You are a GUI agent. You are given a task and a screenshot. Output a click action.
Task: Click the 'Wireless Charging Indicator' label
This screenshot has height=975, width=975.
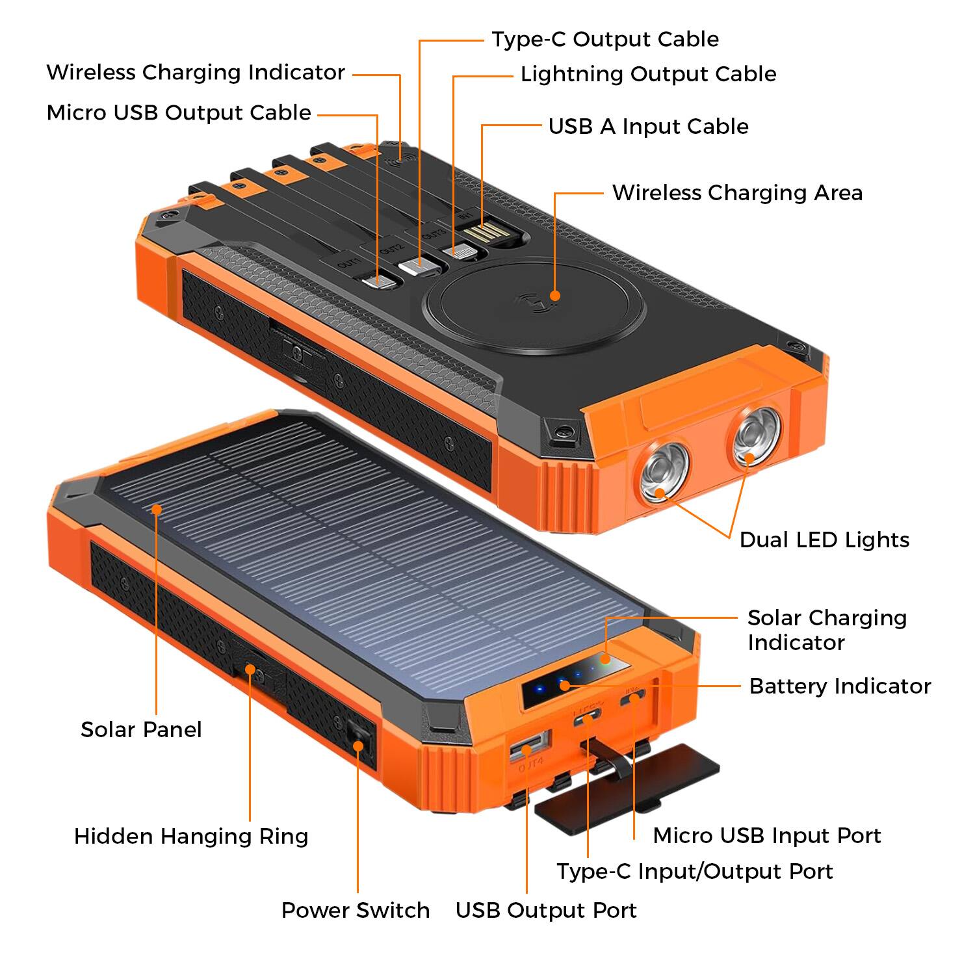[196, 72]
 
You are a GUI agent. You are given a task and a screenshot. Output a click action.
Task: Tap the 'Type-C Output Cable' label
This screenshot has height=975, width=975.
[605, 39]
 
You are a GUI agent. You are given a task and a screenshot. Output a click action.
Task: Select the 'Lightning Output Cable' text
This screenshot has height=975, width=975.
[648, 74]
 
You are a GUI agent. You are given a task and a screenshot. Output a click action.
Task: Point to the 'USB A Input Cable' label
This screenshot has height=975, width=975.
[648, 126]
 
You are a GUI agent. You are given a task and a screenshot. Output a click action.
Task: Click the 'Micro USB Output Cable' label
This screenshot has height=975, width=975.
[179, 112]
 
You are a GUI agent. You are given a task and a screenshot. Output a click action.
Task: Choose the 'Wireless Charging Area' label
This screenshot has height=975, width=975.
[737, 192]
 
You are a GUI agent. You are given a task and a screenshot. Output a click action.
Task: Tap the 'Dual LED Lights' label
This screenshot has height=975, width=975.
[824, 539]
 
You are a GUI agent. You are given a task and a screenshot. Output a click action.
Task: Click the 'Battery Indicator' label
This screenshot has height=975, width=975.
[840, 686]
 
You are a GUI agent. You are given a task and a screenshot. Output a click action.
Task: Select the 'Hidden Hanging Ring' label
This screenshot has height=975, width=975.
[191, 836]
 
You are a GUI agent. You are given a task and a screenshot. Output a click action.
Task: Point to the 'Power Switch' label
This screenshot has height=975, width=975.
[356, 910]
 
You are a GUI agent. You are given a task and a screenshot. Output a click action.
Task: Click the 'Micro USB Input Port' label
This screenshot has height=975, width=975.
[767, 835]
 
